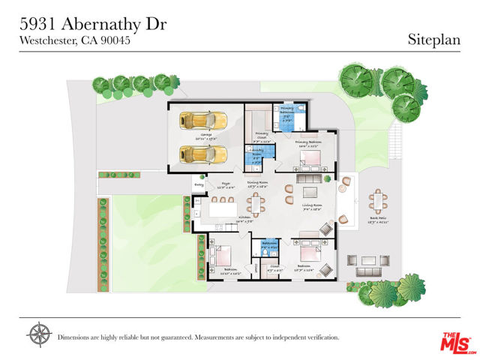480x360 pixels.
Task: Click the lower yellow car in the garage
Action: click(x=202, y=154)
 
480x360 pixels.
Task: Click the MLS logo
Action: click(x=454, y=341)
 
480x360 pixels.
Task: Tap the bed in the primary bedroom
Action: click(x=310, y=159)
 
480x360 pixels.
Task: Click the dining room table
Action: click(x=256, y=202)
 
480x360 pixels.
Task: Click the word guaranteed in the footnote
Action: click(x=187, y=337)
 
